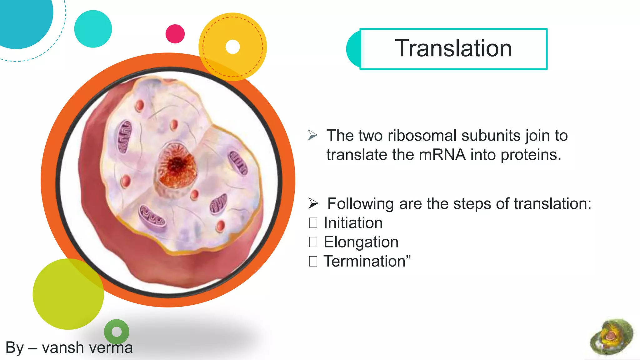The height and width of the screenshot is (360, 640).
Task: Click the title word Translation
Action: tap(453, 48)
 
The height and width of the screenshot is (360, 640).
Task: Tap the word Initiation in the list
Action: tap(353, 223)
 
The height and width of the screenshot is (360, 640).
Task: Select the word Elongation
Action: tap(361, 242)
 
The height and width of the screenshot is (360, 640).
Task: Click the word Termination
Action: tap(364, 261)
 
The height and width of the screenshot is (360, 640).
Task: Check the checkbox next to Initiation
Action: tap(313, 223)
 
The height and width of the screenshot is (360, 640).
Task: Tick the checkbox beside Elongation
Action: tap(313, 242)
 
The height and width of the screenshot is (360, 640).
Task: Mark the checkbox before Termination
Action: tap(313, 261)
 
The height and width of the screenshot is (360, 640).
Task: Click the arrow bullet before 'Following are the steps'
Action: tap(313, 203)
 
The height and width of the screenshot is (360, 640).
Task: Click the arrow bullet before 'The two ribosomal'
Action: tap(312, 135)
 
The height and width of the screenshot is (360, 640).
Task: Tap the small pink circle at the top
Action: tap(175, 34)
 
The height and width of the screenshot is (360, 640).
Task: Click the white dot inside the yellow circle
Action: tap(232, 47)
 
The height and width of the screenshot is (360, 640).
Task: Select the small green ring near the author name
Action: tap(116, 331)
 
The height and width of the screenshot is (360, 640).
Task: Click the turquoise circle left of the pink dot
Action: tap(93, 29)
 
